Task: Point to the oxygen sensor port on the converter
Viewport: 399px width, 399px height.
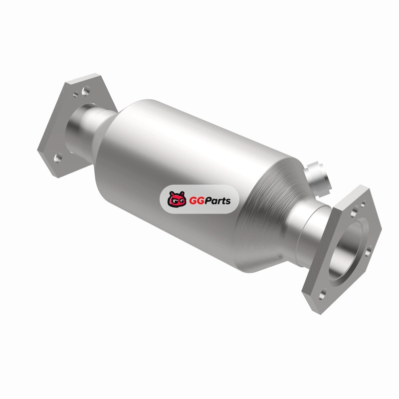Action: [x=318, y=178]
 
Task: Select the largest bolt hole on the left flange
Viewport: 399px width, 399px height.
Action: [x=86, y=91]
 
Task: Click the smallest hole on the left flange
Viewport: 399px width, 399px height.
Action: [x=76, y=95]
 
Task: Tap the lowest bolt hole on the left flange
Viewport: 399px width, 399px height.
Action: [x=58, y=158]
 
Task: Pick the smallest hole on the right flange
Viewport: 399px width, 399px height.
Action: [x=363, y=203]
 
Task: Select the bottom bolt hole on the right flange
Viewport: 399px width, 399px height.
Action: [x=322, y=295]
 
